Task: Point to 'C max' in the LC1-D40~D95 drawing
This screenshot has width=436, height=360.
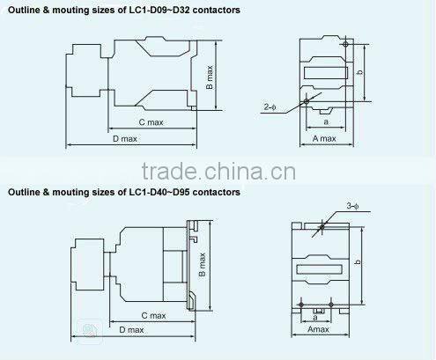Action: (x=153, y=314)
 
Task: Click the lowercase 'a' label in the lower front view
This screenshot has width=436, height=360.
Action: (x=314, y=317)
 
